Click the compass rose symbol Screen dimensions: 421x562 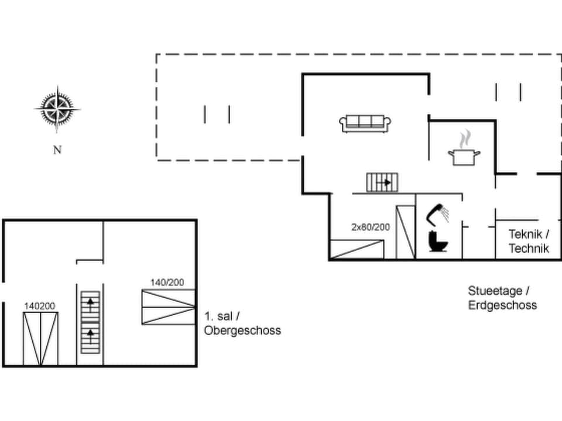pos(57,109)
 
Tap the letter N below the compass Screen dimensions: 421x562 pos(57,150)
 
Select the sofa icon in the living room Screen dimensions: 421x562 pos(365,123)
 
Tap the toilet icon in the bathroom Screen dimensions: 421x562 pos(437,241)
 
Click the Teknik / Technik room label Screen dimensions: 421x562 pos(529,241)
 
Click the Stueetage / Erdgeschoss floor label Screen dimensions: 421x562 pos(502,298)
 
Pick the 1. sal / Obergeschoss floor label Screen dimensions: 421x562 pos(242,323)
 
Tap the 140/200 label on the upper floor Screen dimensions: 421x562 pos(167,282)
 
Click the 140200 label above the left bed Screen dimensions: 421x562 pos(40,306)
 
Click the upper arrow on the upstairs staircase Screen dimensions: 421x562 pos(91,303)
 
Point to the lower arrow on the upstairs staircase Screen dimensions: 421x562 pos(91,335)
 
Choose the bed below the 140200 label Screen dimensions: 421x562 pos(40,339)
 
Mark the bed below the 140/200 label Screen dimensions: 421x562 pos(168,306)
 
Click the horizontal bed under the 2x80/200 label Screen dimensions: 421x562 pos(357,250)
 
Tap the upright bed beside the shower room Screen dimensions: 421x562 pos(406,232)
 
